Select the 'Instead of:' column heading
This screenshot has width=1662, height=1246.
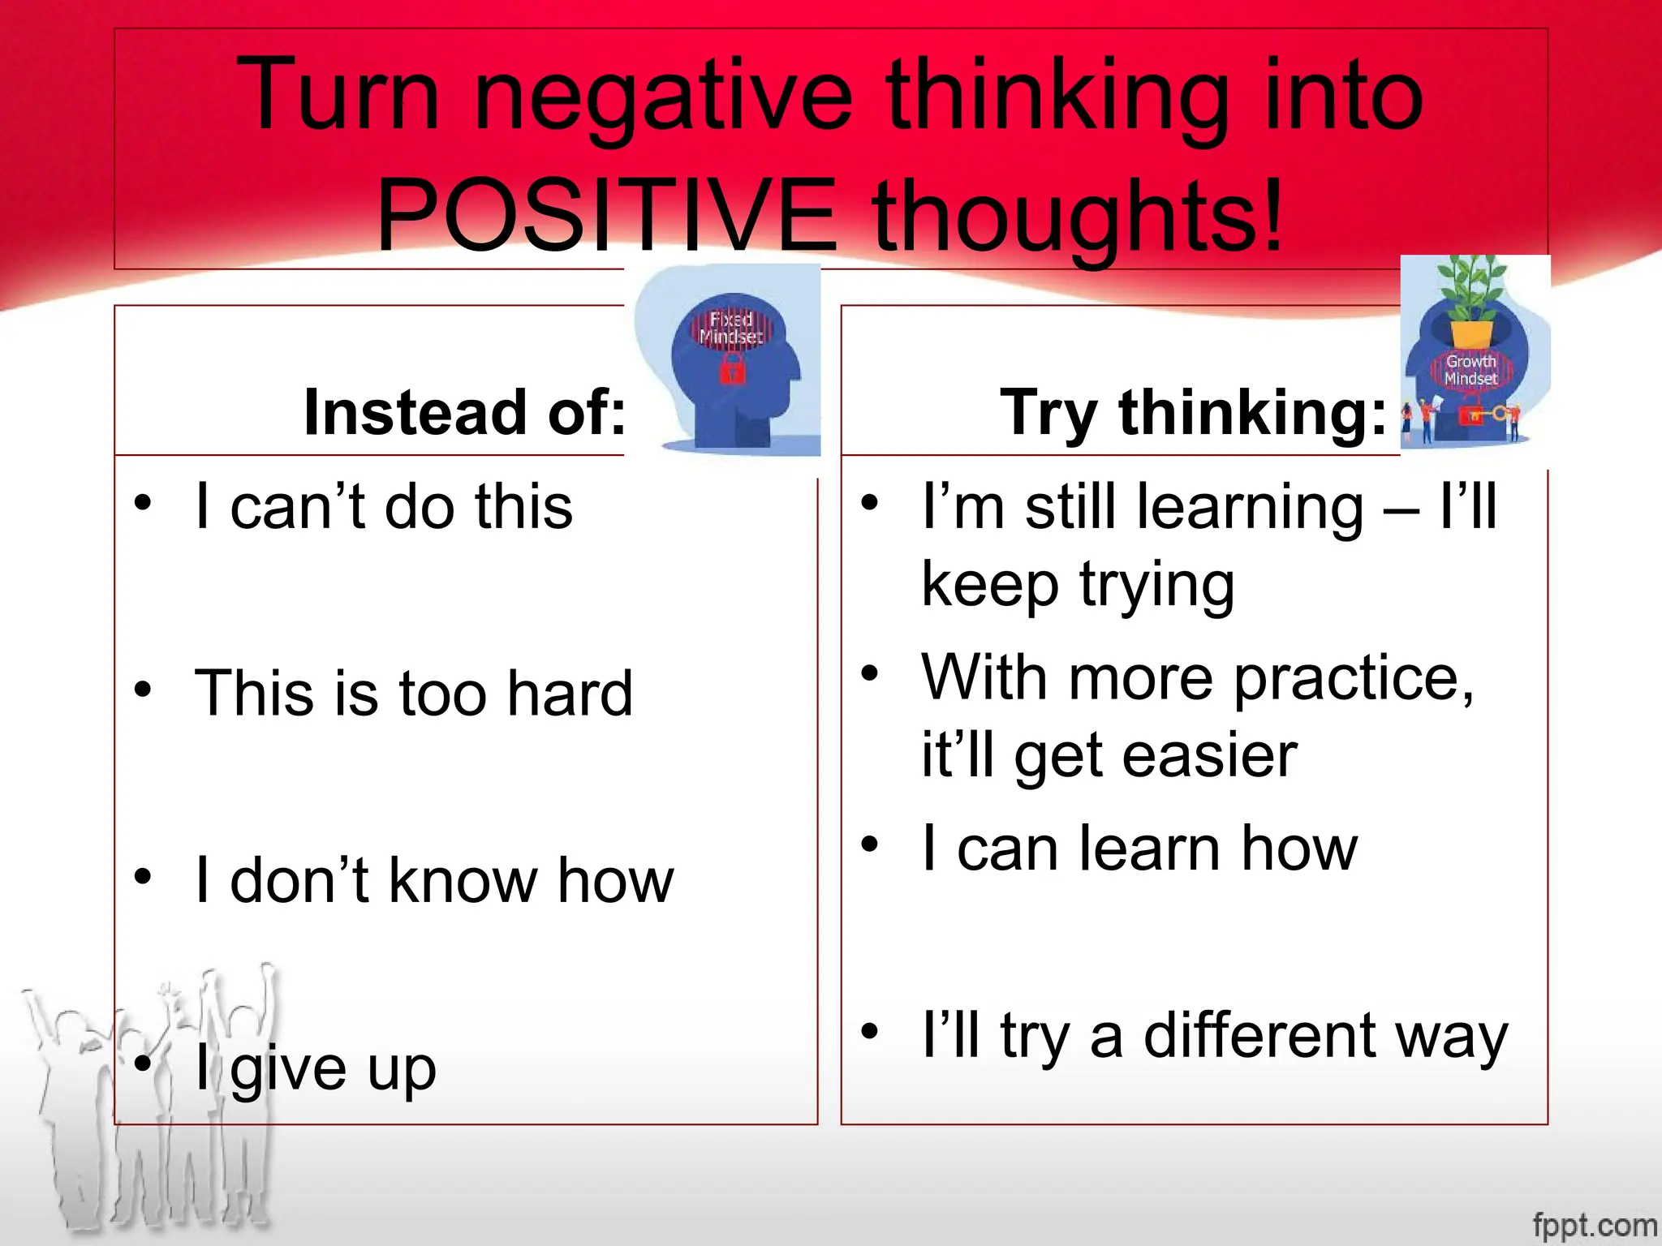[x=464, y=412]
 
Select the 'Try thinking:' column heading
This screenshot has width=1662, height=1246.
[x=1193, y=412]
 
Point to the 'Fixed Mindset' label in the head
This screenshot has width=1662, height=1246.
[x=731, y=328]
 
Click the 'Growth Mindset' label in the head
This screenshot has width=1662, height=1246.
[x=1470, y=370]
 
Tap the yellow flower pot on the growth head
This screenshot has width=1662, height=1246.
[x=1471, y=333]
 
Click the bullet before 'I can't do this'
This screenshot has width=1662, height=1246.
[x=144, y=503]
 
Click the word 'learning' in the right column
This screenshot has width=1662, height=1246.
[x=1250, y=507]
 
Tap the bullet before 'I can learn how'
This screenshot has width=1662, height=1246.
[x=870, y=844]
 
